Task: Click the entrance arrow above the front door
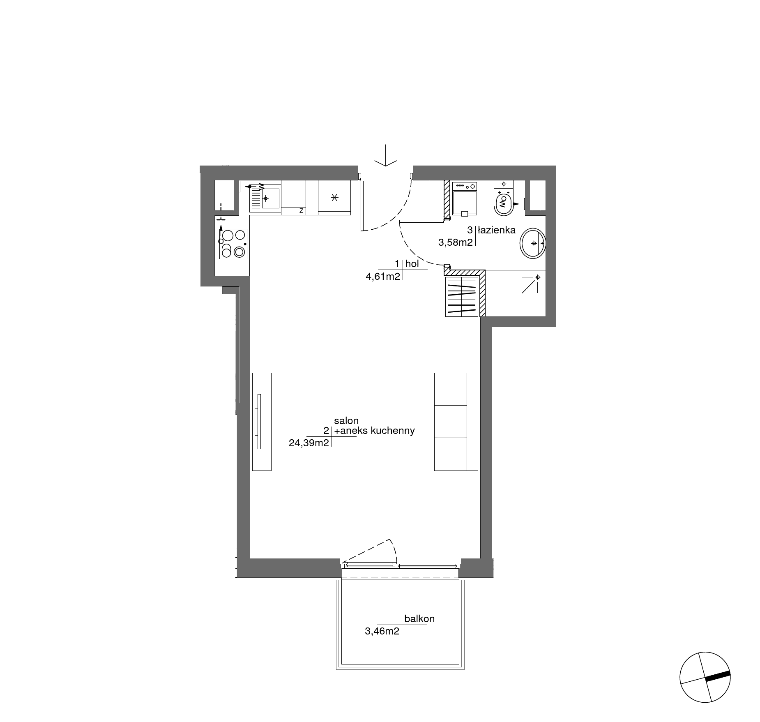coord(386,156)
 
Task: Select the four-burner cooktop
coord(233,244)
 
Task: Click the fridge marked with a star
coord(334,197)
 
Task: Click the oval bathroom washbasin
coord(533,243)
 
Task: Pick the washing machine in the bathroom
coord(465,199)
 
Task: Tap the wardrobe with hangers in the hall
coord(462,296)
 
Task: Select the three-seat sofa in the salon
coord(456,422)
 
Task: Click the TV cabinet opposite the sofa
coord(262,422)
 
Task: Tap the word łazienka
coord(496,230)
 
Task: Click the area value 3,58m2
coord(456,242)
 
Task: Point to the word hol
coord(412,264)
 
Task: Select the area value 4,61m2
coord(383,276)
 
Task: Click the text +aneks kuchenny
coord(374,431)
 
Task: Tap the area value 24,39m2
coord(309,443)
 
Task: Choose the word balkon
coord(419,618)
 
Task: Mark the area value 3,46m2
coord(382,631)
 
